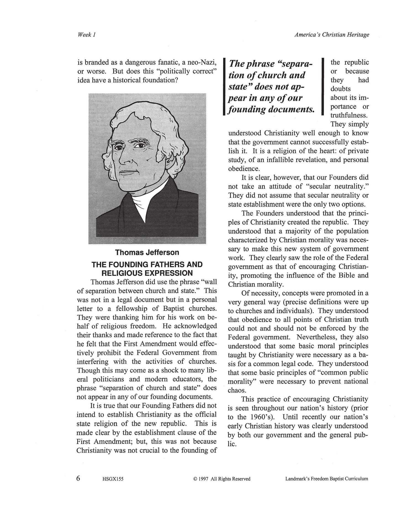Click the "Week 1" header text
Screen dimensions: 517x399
[86, 35]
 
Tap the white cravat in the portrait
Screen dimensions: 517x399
[141, 205]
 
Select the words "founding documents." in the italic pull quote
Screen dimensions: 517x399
[271, 109]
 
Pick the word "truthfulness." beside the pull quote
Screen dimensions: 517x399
[349, 115]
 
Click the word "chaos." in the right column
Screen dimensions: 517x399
[237, 390]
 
